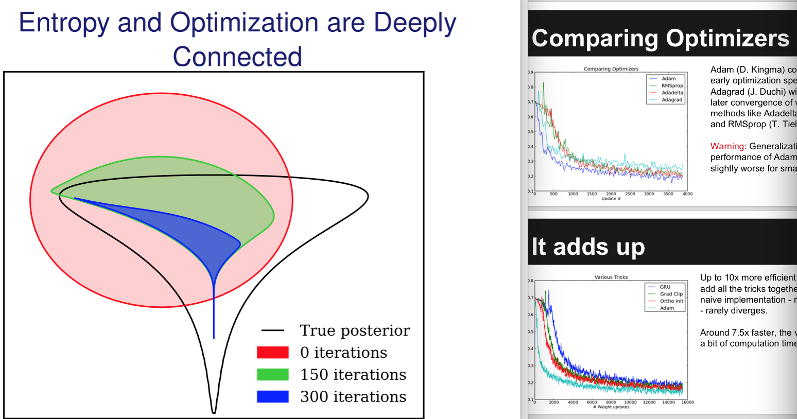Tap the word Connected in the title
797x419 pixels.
(x=237, y=57)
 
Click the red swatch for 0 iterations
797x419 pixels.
(x=272, y=353)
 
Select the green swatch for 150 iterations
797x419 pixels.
(x=272, y=375)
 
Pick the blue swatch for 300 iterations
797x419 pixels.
(x=272, y=397)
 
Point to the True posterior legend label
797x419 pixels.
(x=355, y=330)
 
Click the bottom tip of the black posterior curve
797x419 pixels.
(x=214, y=412)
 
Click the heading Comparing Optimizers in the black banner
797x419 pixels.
(x=661, y=39)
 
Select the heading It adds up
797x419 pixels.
(x=588, y=247)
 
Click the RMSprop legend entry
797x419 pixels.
(x=672, y=86)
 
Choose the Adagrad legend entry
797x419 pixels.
(x=671, y=100)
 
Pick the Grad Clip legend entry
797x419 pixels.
(x=671, y=294)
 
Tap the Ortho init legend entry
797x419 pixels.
(x=671, y=301)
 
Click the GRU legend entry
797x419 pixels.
(x=665, y=287)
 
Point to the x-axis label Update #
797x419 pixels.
(x=611, y=199)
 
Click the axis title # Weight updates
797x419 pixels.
(x=611, y=407)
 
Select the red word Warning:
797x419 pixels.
(x=728, y=147)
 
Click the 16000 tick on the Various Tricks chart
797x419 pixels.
(x=687, y=403)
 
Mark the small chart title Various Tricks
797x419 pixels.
(x=611, y=277)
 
